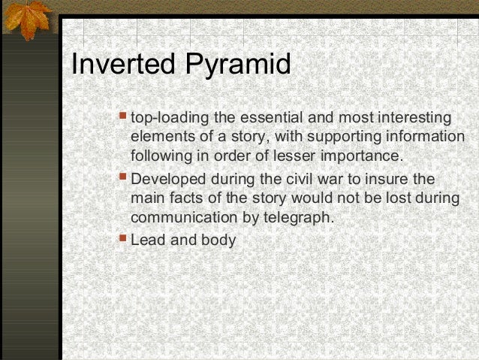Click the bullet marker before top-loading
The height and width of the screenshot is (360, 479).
pyautogui.click(x=125, y=117)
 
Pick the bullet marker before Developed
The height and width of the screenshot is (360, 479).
pyautogui.click(x=125, y=179)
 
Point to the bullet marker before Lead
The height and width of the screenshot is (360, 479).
pyautogui.click(x=125, y=240)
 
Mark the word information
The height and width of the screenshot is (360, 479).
pyautogui.click(x=423, y=138)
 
